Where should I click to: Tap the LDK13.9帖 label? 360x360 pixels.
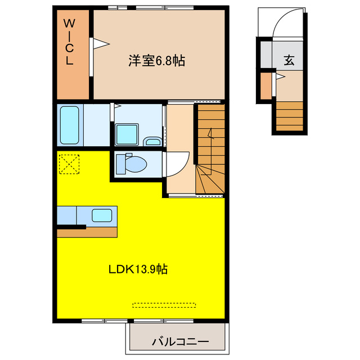(x=138, y=269)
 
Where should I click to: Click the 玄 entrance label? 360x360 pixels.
(x=289, y=61)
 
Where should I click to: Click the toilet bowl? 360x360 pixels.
(x=132, y=164)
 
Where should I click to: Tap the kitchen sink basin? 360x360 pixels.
(x=102, y=215)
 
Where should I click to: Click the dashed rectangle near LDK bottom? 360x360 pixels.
(x=164, y=305)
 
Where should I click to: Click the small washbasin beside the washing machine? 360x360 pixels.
(x=152, y=141)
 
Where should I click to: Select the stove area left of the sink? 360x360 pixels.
(x=66, y=215)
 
